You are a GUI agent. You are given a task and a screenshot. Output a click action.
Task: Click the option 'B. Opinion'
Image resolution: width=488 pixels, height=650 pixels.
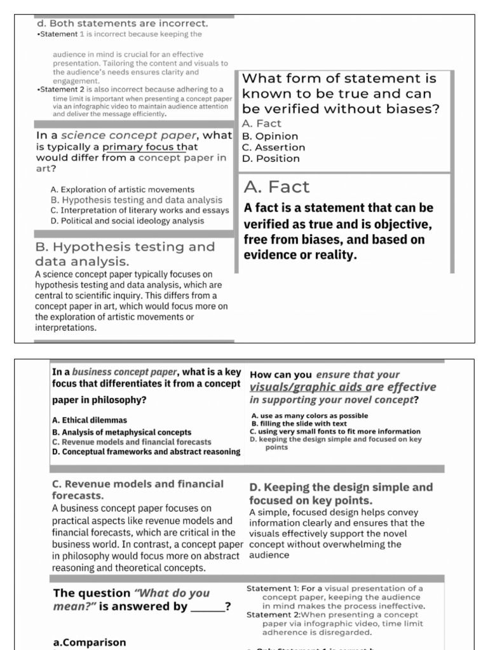270,136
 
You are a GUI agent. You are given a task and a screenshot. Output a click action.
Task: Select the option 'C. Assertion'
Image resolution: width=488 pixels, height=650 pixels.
273,147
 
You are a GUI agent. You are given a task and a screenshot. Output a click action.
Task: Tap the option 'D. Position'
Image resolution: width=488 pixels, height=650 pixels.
271,159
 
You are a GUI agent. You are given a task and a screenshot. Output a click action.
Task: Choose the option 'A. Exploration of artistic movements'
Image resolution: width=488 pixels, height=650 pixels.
122,189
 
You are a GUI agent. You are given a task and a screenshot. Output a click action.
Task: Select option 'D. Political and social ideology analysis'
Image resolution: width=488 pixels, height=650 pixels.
127,221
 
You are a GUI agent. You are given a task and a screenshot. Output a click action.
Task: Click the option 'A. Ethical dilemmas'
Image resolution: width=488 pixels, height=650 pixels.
90,420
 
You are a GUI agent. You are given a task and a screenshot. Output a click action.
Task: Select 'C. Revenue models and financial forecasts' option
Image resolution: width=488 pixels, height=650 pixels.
132,442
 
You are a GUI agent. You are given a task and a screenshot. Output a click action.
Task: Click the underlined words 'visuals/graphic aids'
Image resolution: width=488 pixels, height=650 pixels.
304,387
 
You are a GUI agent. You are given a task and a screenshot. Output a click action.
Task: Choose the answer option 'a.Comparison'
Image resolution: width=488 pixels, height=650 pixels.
89,642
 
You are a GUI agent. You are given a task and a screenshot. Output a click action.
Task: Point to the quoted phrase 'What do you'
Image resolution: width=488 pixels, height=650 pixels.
171,593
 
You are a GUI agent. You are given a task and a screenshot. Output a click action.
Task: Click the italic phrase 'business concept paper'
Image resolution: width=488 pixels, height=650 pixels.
124,372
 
